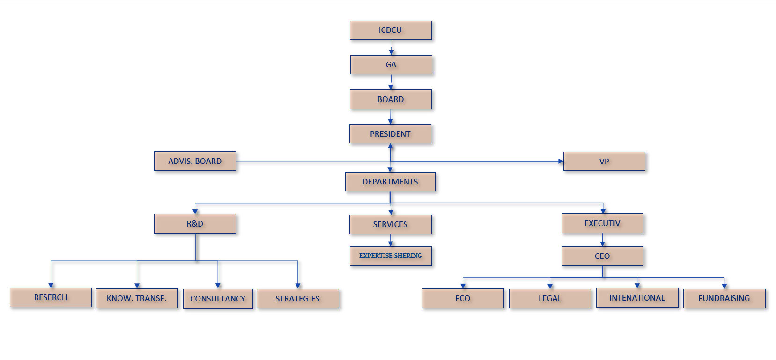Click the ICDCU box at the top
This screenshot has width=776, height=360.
391,30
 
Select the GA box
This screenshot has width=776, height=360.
391,65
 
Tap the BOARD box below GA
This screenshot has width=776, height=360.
391,99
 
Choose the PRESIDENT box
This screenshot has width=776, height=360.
390,134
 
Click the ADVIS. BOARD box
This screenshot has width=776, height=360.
195,161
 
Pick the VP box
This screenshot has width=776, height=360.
604,162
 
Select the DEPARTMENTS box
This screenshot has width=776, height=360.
390,182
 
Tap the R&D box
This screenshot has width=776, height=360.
195,224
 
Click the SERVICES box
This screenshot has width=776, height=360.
390,224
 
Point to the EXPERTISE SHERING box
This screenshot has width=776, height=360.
391,256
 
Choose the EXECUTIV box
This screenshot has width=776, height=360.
602,223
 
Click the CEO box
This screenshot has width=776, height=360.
602,256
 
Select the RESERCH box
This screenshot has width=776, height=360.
51,297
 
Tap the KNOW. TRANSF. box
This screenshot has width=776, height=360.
137,298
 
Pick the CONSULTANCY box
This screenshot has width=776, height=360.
218,299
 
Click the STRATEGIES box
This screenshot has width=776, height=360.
297,299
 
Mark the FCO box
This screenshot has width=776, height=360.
463,298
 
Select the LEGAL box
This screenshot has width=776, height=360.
550,298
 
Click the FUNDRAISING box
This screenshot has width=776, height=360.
724,298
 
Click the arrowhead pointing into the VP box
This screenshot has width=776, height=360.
561,161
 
